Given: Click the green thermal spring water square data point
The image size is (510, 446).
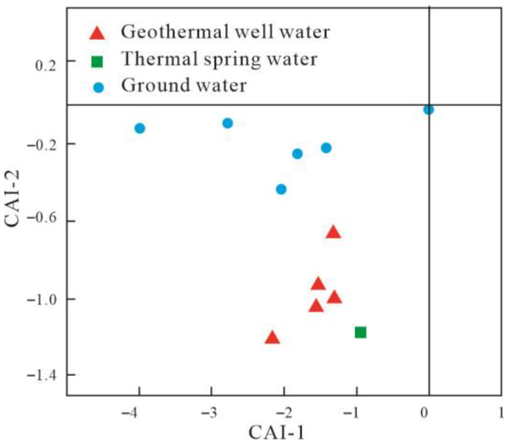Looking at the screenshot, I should coord(360,332).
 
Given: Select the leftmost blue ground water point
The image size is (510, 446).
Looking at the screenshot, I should coord(140,128).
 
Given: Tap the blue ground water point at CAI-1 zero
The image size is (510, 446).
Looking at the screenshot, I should coord(429,110).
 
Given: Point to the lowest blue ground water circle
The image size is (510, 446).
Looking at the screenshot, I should coord(281,189).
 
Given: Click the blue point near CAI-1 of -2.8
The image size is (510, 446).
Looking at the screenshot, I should coord(227,123).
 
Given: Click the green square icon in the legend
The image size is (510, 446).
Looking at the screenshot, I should coord(97,61).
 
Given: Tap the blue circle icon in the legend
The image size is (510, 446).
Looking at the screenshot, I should coord(99,88).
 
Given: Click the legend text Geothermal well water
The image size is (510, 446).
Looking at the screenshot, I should coord(225,32).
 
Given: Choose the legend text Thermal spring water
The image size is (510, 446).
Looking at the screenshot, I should coord(219,59).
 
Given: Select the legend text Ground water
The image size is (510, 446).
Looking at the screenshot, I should coord(184,85).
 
